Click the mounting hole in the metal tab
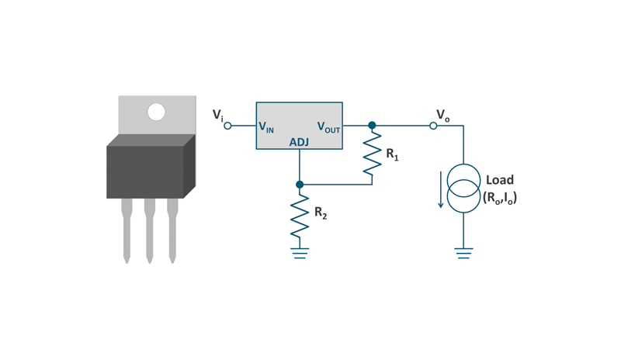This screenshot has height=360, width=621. pos(157,112)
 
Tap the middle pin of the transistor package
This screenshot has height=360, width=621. pos(149,230)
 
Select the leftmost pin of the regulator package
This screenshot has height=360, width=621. pos(127,230)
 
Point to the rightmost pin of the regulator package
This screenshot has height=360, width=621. pos(172,230)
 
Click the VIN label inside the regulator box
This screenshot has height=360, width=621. pos(266,126)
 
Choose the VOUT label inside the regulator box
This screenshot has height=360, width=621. pos(328,126)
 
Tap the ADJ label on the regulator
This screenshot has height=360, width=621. pos(299,142)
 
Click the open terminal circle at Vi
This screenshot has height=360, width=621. pos(227,126)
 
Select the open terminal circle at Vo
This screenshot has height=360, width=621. pos(433,126)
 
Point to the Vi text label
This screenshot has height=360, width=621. pos(218,115)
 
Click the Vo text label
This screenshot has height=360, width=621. pos(442,116)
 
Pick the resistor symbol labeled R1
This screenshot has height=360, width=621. pos(373,154)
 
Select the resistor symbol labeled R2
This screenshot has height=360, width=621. pos(300,216)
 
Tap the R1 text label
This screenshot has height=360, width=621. pos(393,154)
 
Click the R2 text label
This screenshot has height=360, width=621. pos(321,213)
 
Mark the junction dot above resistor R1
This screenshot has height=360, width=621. pos(372,126)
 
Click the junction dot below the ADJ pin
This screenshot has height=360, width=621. pos(300,184)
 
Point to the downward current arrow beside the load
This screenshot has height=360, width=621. pos(440,190)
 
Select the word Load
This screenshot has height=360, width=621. pos(500,180)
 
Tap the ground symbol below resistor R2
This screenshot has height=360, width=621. pos(300,253)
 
